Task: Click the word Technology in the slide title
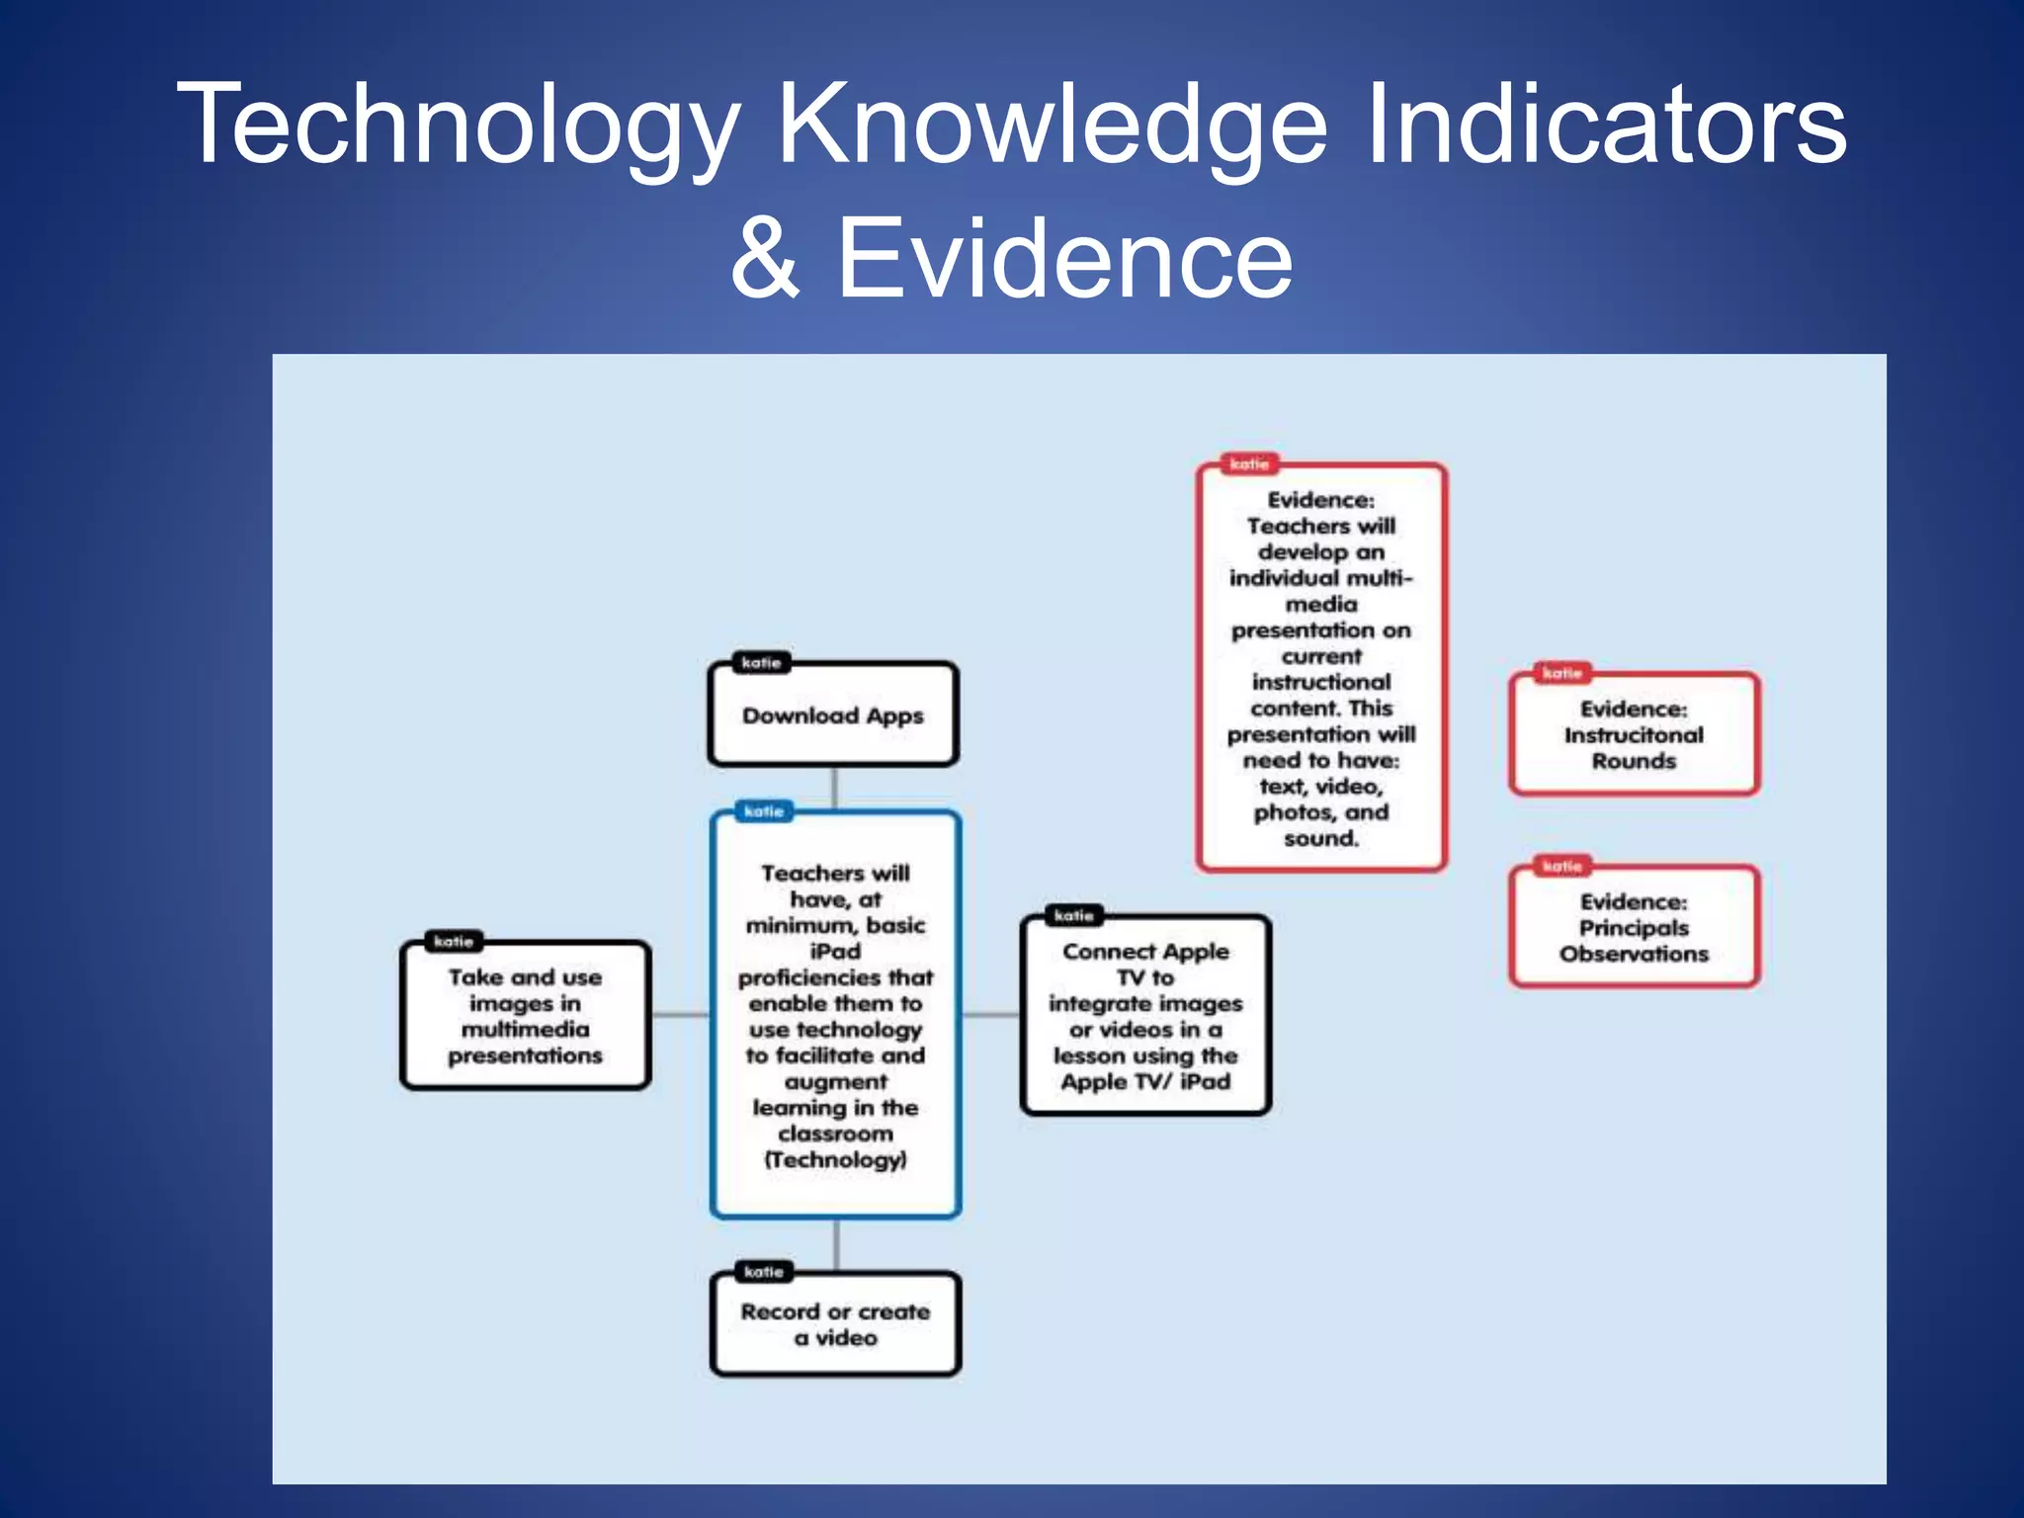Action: pos(460,126)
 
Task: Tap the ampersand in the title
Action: pos(765,259)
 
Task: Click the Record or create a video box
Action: pos(835,1324)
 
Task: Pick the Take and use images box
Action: pos(525,1016)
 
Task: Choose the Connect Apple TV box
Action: pos(1145,1016)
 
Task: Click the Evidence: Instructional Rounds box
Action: pos(1634,735)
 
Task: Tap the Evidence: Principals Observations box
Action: pos(1634,928)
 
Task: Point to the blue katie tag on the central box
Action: pos(764,811)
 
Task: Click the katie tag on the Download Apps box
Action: pos(761,662)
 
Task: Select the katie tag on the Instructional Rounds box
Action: pos(1561,673)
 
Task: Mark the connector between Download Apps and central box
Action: pos(835,789)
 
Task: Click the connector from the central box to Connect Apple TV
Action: pos(991,1015)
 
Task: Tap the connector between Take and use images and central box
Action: pos(680,1015)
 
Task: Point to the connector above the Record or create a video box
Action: pos(836,1245)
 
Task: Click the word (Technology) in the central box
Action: pos(835,1160)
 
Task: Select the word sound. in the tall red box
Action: pos(1321,839)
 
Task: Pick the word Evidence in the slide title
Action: pos(1064,259)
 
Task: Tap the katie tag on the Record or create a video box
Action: pos(763,1272)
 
